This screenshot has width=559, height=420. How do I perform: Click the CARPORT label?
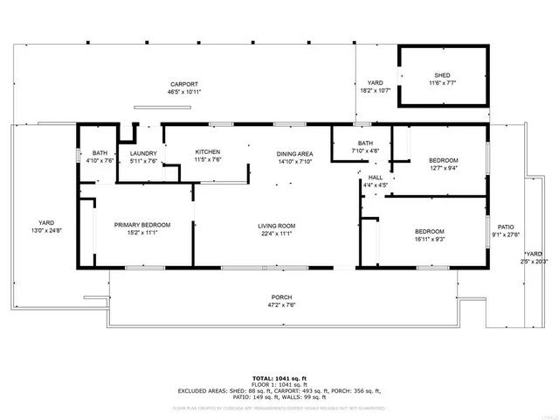point(184,83)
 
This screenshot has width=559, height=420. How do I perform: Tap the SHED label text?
point(442,74)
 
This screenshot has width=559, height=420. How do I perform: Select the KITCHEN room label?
point(208,152)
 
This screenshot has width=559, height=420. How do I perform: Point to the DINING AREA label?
point(294,153)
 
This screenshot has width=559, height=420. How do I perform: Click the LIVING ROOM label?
point(276,225)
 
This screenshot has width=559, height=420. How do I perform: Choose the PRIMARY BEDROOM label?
point(142,225)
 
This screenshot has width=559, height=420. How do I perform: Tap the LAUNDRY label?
point(143,153)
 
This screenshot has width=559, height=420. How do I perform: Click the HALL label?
point(376,177)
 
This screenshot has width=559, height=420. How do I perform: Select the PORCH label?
point(281,297)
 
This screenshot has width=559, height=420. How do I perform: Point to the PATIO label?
point(506,226)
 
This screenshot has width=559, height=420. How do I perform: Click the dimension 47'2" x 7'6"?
point(281,306)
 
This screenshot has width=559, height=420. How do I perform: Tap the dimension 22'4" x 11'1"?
point(276,234)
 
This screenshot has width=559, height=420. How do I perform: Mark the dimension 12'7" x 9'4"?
point(442,169)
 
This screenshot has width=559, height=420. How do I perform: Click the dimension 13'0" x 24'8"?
point(47,230)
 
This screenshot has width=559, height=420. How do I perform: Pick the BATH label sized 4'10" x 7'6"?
point(100,153)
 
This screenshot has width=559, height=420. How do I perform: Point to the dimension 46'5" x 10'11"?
point(184,92)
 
